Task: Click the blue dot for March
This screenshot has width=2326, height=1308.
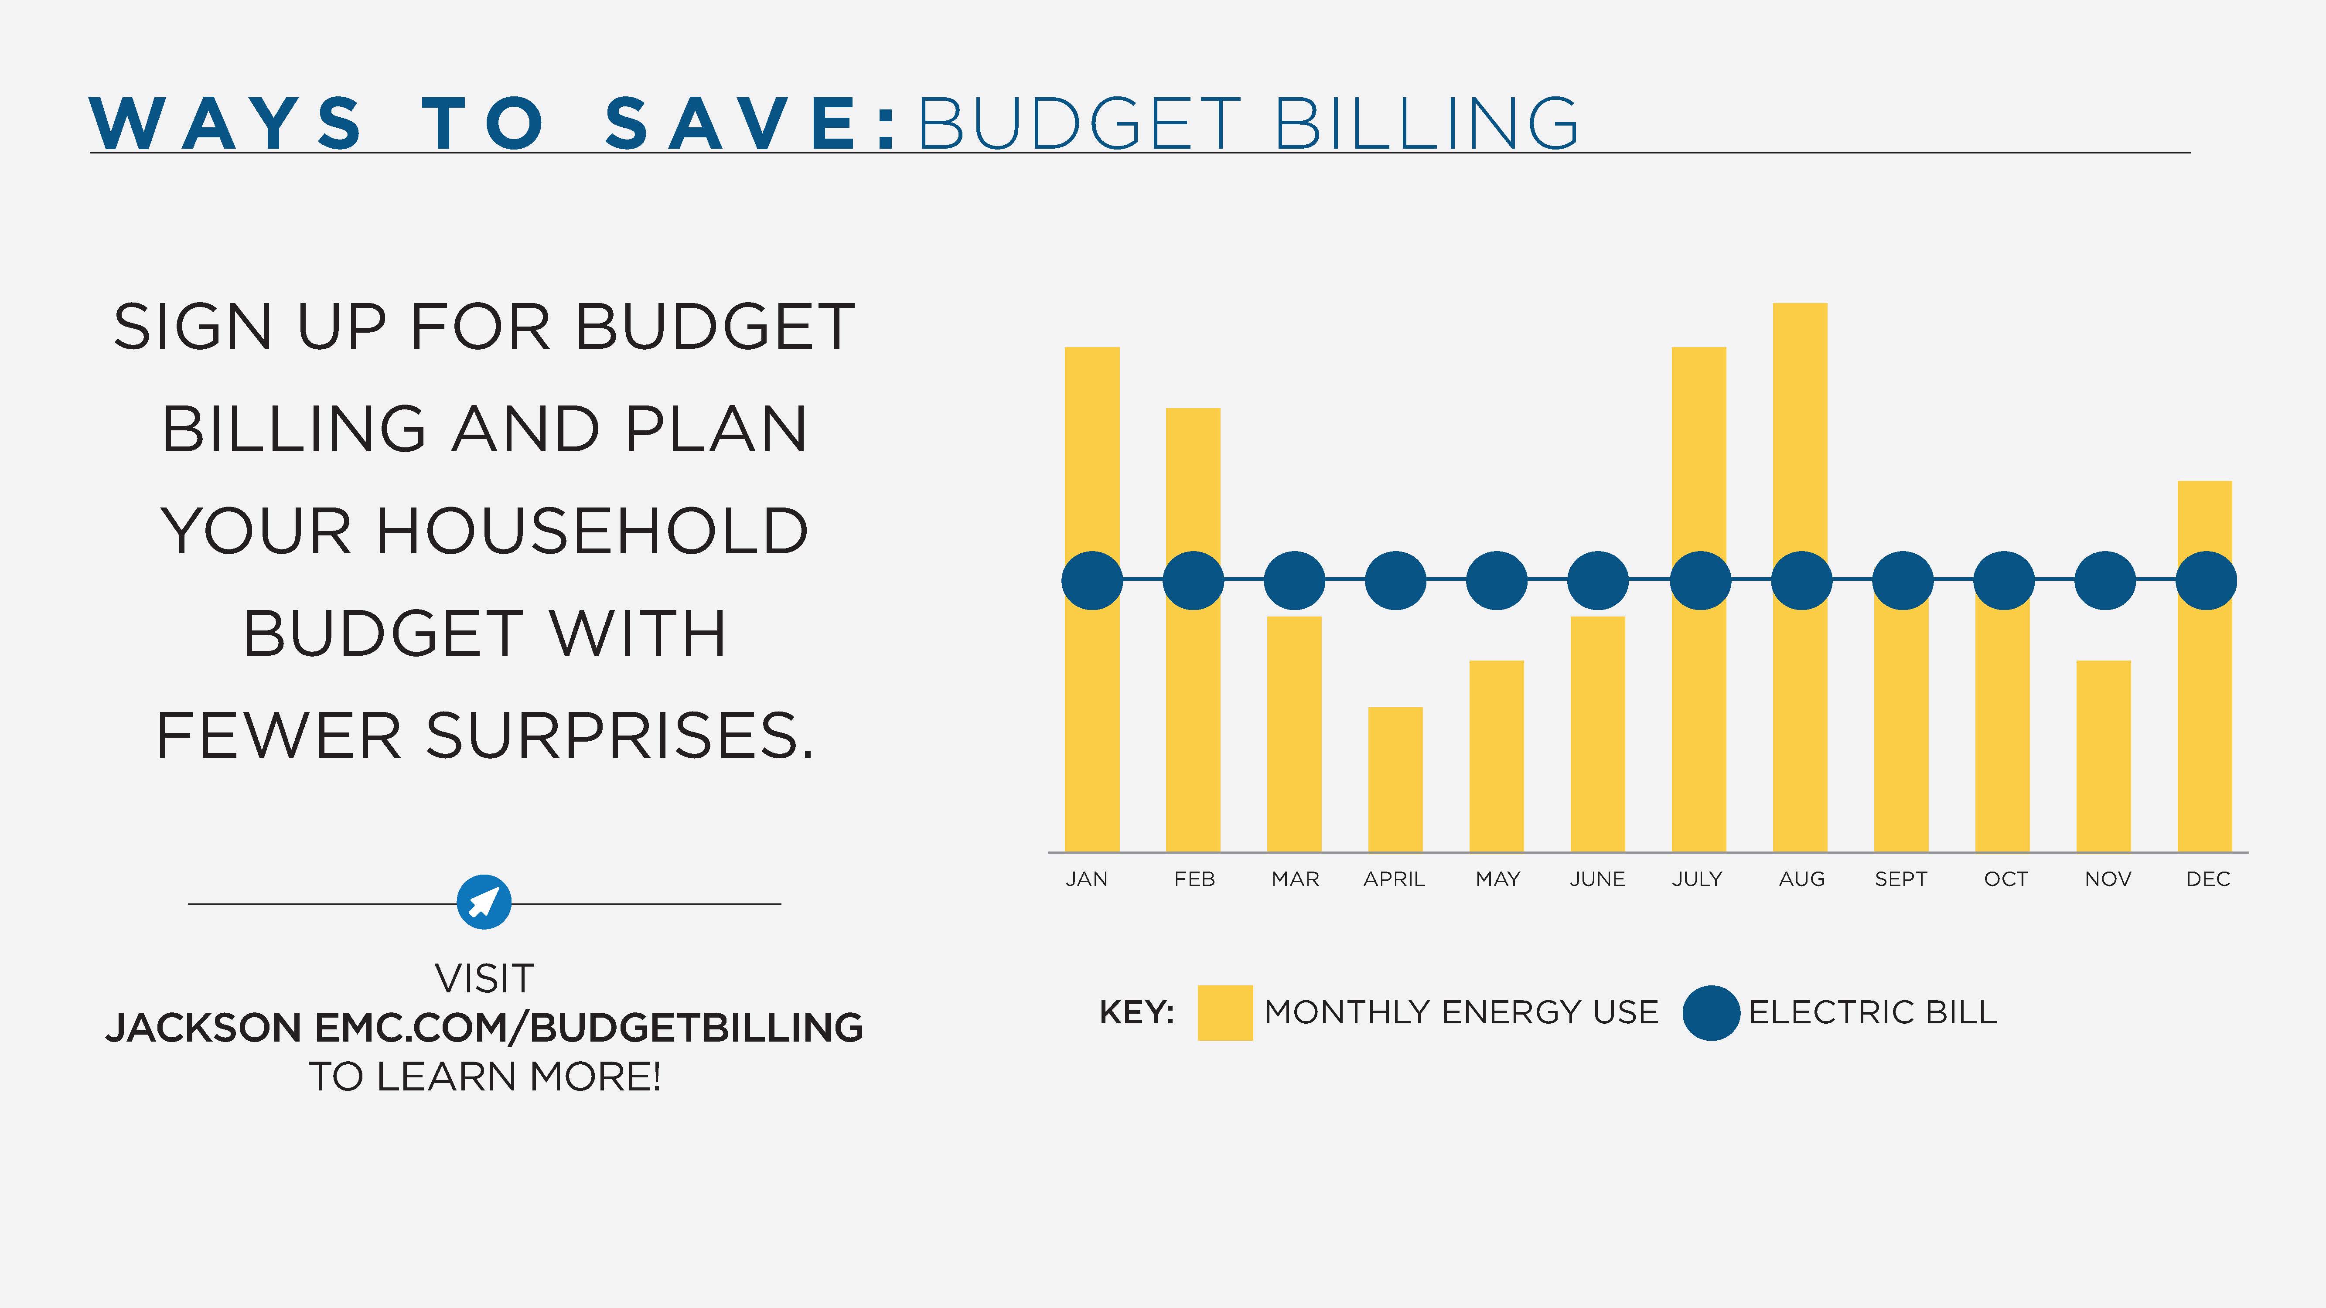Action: [x=1294, y=580]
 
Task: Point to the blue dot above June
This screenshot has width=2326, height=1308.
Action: [x=1597, y=580]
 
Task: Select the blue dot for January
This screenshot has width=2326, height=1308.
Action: [x=1091, y=580]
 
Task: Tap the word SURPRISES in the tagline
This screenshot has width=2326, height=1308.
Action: [x=619, y=736]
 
